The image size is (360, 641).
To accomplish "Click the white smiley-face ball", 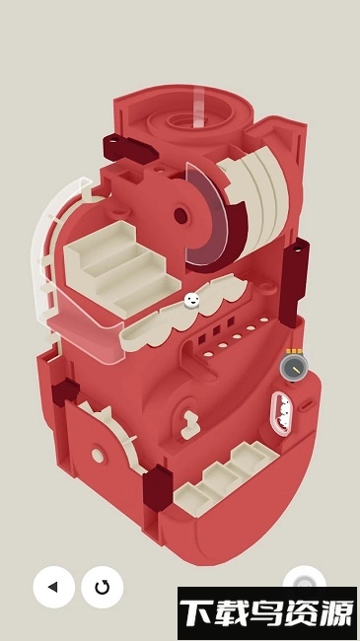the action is (x=192, y=301).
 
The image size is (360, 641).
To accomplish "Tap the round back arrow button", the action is (x=54, y=587).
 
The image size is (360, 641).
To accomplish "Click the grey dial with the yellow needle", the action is (x=293, y=368).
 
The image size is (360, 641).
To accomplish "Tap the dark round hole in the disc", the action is (x=181, y=215).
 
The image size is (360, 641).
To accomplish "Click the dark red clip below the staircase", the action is (x=65, y=392).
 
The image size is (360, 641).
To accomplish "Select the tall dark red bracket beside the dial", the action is (x=295, y=282).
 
